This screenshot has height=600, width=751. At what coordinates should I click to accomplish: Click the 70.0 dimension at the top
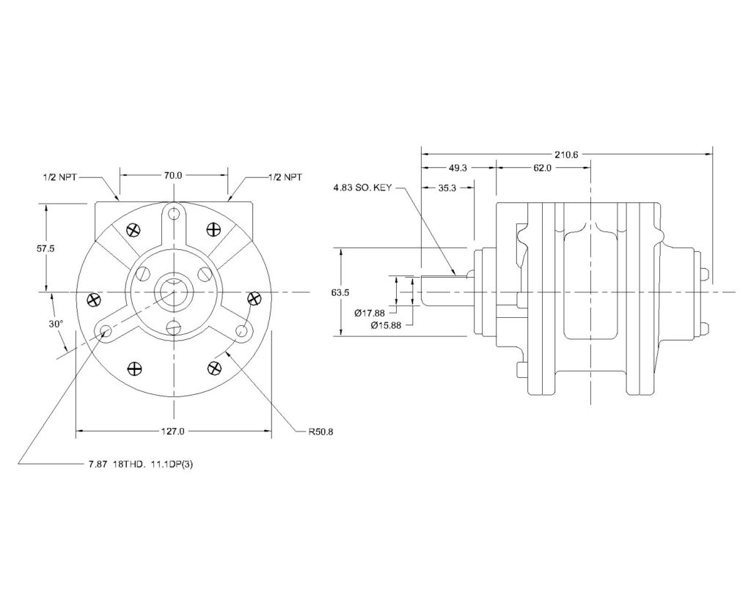(x=173, y=176)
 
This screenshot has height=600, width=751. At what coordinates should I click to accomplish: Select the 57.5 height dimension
(x=45, y=248)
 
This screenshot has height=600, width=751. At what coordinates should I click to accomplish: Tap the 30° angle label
(x=56, y=323)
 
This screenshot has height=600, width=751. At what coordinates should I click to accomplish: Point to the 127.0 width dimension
(x=173, y=432)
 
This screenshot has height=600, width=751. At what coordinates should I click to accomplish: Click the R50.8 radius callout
(x=311, y=432)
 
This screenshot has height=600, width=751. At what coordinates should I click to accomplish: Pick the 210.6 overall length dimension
(x=567, y=154)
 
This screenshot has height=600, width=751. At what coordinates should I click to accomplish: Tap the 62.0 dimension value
(x=542, y=168)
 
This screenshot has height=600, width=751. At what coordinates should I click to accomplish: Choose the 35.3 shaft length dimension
(x=448, y=188)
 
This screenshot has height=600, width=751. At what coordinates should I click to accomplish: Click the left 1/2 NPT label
(x=60, y=177)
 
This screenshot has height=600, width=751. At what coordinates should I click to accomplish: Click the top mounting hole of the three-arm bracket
(x=173, y=214)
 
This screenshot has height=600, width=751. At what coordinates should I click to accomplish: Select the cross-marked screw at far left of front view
(x=93, y=298)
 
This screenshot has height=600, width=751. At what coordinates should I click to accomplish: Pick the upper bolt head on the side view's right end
(x=704, y=274)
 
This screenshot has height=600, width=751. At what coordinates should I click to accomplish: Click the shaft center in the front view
(x=173, y=292)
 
